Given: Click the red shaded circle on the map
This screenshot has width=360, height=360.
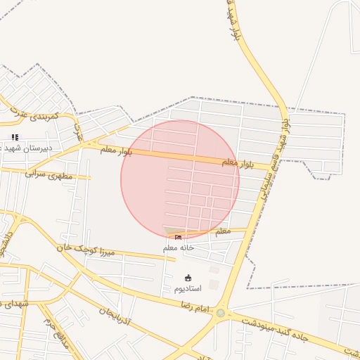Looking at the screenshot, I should click(180, 179).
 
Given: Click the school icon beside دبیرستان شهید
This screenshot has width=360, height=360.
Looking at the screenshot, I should click(14, 137).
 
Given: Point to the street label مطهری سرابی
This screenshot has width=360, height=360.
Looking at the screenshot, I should click(49, 173).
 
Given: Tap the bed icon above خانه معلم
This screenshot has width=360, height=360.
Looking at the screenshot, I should click(178, 238).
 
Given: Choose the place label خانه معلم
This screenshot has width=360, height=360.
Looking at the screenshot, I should click(179, 247).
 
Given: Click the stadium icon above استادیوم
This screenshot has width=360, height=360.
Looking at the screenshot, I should click(188, 278).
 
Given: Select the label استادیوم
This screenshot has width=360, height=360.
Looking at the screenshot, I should click(188, 288).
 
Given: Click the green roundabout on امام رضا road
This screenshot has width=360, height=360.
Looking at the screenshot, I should click(221, 313).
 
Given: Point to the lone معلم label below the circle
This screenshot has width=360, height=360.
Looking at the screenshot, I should click(222, 230).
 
